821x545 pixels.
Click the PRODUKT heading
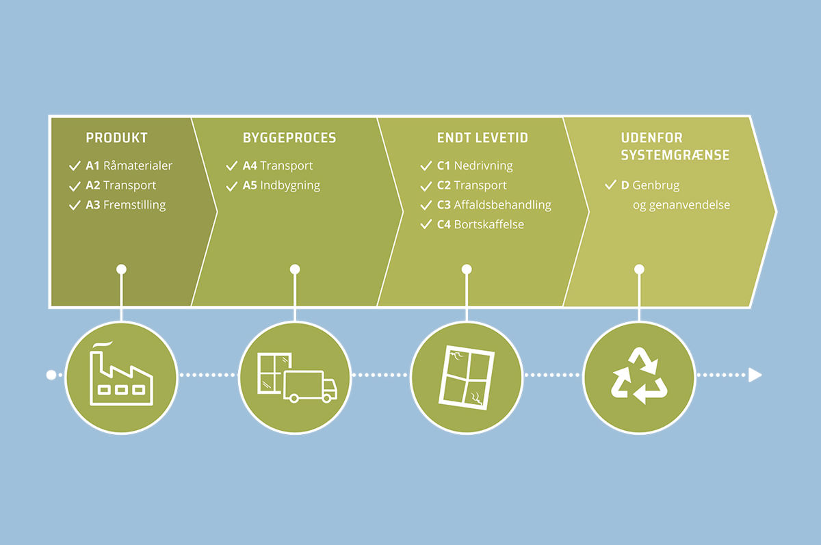(x=116, y=138)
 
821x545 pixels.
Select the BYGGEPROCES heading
(x=289, y=138)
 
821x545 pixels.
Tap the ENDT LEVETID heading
(x=482, y=138)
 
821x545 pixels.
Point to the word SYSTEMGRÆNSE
(x=675, y=155)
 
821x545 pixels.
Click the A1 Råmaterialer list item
(x=129, y=165)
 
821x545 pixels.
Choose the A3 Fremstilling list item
(x=125, y=204)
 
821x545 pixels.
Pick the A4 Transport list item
(x=278, y=165)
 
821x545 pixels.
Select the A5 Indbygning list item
(x=281, y=185)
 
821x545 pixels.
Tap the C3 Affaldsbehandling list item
(x=494, y=204)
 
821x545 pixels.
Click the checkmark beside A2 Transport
(x=75, y=185)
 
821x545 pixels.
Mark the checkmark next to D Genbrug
(x=610, y=185)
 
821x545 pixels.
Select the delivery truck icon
(x=309, y=386)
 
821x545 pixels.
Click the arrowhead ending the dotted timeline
(x=755, y=375)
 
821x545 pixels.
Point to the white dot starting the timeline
(x=50, y=375)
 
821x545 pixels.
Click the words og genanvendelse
(x=681, y=204)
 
